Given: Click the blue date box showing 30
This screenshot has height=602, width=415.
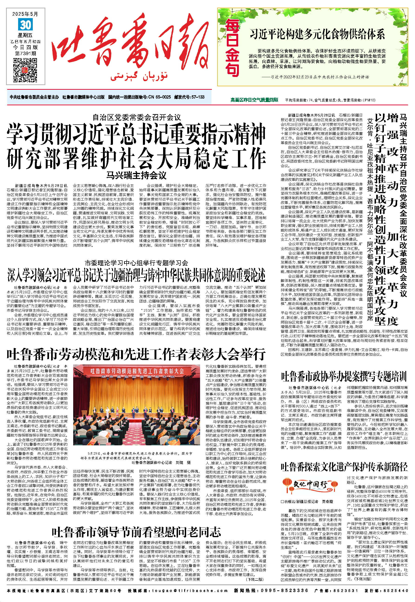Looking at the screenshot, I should click(x=26, y=25).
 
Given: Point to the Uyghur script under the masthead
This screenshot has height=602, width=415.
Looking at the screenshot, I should click(x=139, y=76).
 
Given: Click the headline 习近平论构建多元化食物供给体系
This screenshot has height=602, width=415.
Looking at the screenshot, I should click(x=317, y=34).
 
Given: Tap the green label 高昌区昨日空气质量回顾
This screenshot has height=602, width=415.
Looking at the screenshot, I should click(x=254, y=100).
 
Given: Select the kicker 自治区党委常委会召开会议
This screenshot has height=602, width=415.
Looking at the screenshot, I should click(x=137, y=118).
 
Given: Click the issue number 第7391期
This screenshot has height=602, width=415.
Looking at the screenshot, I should click(x=26, y=53).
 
